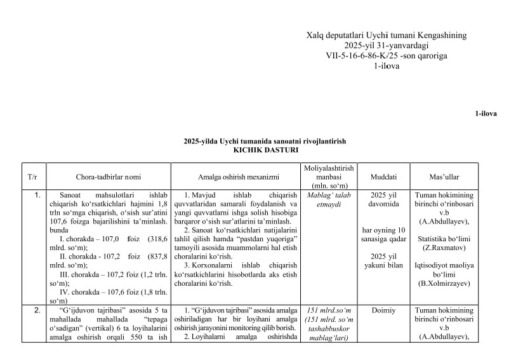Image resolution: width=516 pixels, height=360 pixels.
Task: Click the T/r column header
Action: tap(32, 176)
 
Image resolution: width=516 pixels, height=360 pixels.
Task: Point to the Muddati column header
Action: tap(384, 176)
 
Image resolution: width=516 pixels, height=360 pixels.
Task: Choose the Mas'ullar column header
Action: tap(444, 176)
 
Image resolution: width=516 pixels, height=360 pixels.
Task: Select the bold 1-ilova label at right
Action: tap(486, 114)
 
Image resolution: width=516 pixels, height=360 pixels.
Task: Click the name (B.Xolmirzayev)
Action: tap(444, 283)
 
